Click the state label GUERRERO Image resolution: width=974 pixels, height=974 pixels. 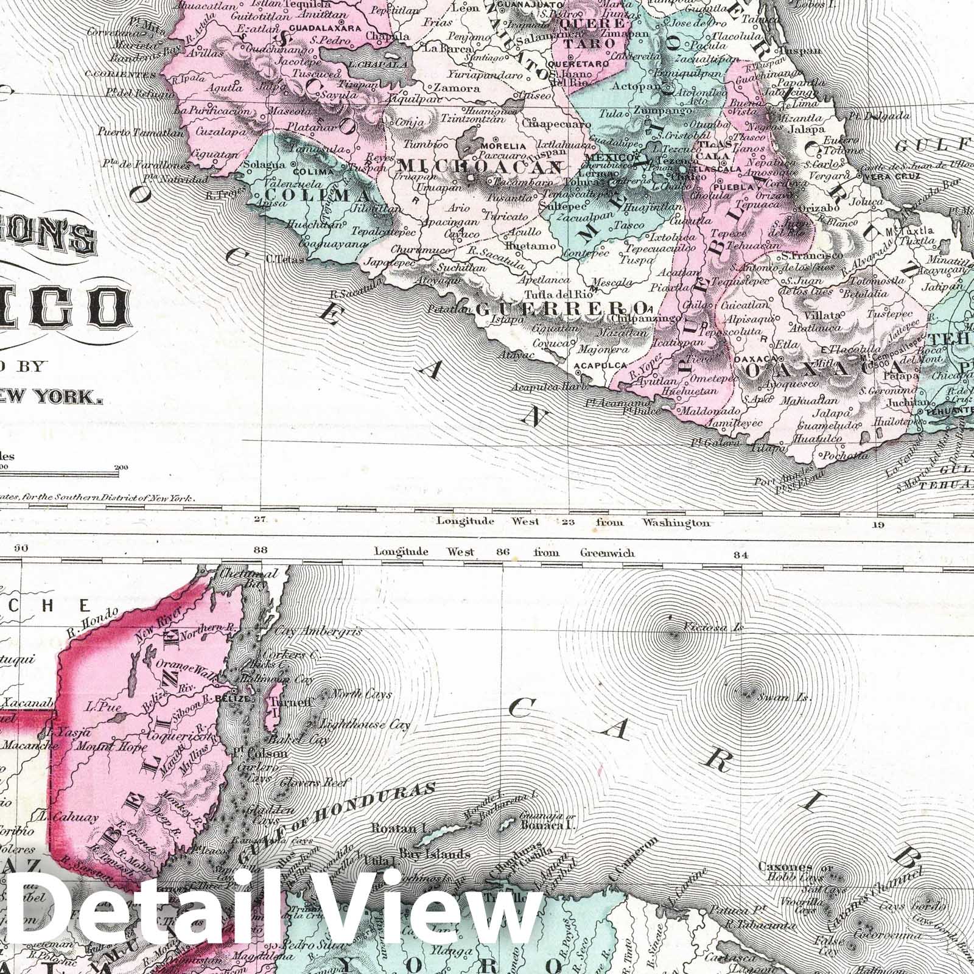click(560, 307)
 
